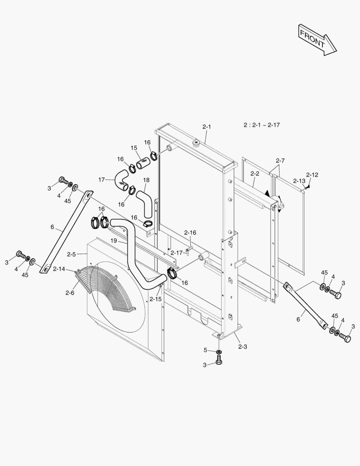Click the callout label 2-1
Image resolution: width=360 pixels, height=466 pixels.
[x=207, y=127]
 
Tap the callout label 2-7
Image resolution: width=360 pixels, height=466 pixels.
[x=280, y=161]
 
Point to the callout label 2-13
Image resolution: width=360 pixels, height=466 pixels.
[x=299, y=181]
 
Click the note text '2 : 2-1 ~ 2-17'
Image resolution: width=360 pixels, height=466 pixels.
[x=261, y=125]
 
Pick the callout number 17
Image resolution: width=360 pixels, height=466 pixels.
[x=101, y=179]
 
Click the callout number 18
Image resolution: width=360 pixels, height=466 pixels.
[x=146, y=179]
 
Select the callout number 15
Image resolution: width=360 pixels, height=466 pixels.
[x=134, y=148]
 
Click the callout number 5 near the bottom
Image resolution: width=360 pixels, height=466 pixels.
[x=206, y=350]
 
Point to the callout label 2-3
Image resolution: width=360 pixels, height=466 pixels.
[x=242, y=346]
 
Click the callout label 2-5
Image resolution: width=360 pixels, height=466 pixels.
[x=72, y=254]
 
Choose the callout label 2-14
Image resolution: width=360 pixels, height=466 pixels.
[x=59, y=269]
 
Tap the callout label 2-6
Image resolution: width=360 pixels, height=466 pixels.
[x=70, y=293]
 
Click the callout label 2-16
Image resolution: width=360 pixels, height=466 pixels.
[x=190, y=233]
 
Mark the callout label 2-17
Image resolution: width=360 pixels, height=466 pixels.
[x=177, y=253]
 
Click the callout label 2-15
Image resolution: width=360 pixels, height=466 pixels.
[x=156, y=299]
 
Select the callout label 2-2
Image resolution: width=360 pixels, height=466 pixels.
[x=255, y=173]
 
